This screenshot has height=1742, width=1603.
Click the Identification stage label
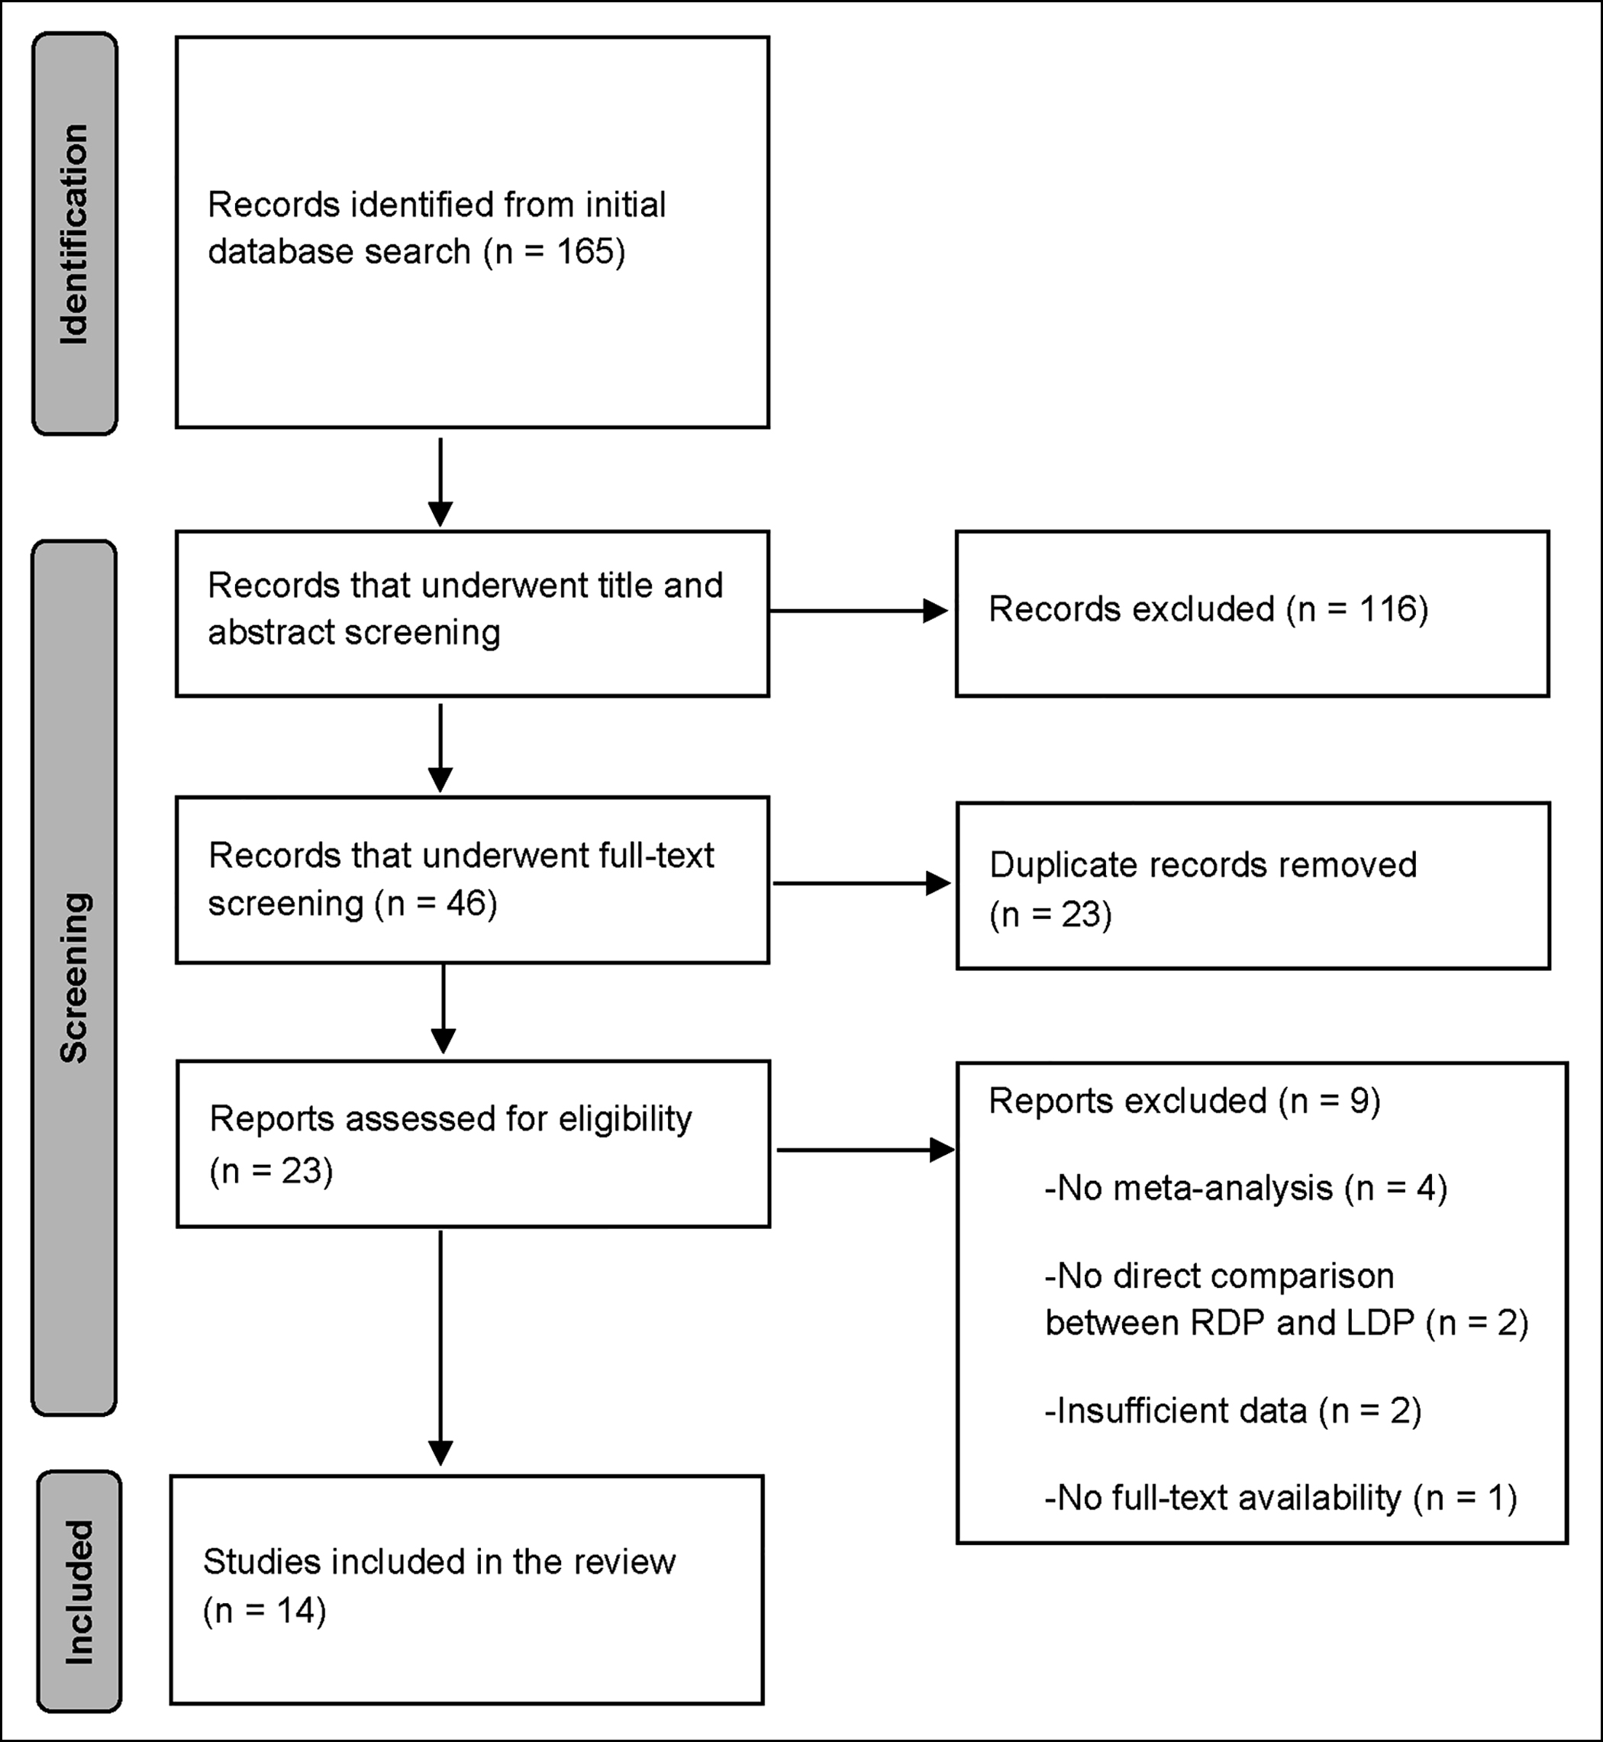(x=75, y=234)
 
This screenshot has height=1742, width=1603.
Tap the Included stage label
(x=79, y=1592)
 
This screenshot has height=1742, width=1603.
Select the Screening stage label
(x=75, y=978)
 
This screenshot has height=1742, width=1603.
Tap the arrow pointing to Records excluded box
(x=858, y=611)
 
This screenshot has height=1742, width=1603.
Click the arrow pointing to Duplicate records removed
(x=861, y=883)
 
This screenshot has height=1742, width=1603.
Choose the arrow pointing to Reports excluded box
(x=865, y=1150)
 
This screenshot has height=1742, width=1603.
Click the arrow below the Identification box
(x=440, y=482)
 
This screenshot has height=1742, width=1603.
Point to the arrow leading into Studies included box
(x=440, y=1347)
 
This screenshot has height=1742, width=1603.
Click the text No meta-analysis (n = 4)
(x=1247, y=1188)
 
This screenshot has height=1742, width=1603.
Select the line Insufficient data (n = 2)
(x=1234, y=1411)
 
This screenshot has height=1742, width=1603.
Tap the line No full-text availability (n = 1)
(x=1281, y=1498)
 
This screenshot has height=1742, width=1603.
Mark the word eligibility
(x=625, y=1120)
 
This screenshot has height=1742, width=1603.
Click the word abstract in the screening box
(x=271, y=632)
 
